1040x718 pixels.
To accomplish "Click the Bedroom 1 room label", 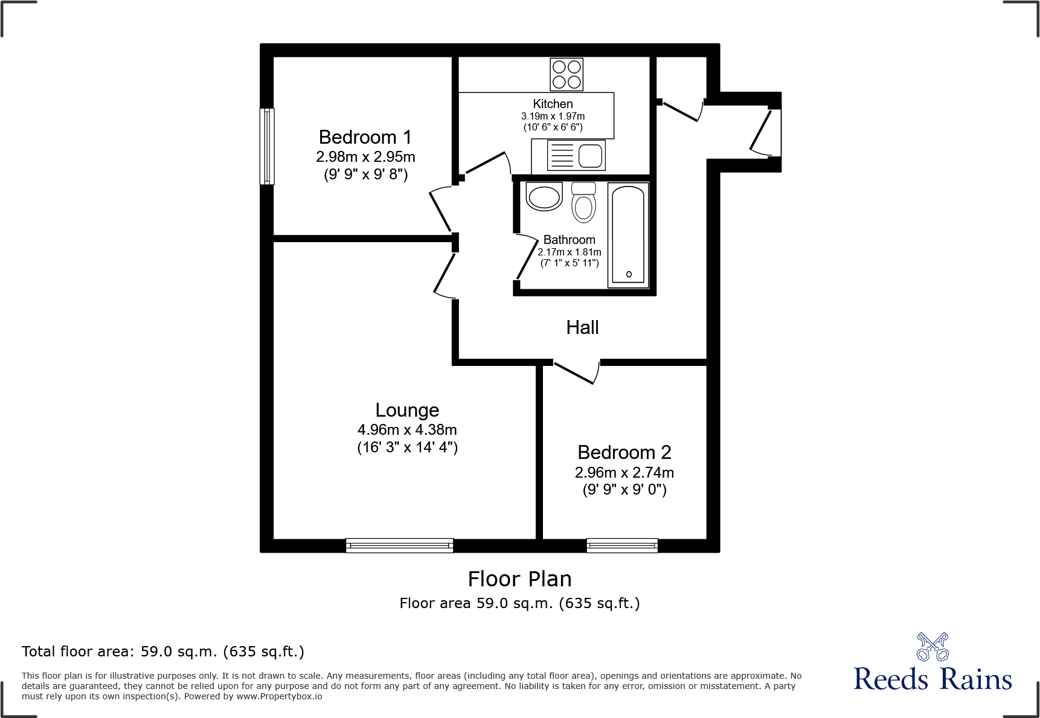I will coord(365,138).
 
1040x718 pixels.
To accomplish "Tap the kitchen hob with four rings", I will coord(567,74).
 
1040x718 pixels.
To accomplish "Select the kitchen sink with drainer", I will coord(576,156).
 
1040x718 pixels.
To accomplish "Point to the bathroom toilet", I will coord(583,202).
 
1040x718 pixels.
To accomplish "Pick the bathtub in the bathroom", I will coord(628,235).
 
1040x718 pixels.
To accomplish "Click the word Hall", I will coord(582,328).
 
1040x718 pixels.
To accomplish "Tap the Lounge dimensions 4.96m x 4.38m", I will coord(407,430).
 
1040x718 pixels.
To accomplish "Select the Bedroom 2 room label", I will coord(624,452).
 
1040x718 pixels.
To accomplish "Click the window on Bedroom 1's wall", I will coord(267,146).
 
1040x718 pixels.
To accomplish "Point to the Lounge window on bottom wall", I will coord(399,545).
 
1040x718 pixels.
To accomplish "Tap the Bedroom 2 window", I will coord(622,545).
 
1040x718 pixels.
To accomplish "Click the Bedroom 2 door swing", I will coord(577,373).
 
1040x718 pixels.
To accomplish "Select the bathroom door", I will coord(525,257).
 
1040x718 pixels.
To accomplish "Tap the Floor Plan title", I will coord(519,579).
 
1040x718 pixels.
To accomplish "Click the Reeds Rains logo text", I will coord(932,679).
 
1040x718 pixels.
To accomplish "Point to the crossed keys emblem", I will coord(932,647).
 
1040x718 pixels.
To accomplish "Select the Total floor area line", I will coord(163,652).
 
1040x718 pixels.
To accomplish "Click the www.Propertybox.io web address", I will coord(279,696).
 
